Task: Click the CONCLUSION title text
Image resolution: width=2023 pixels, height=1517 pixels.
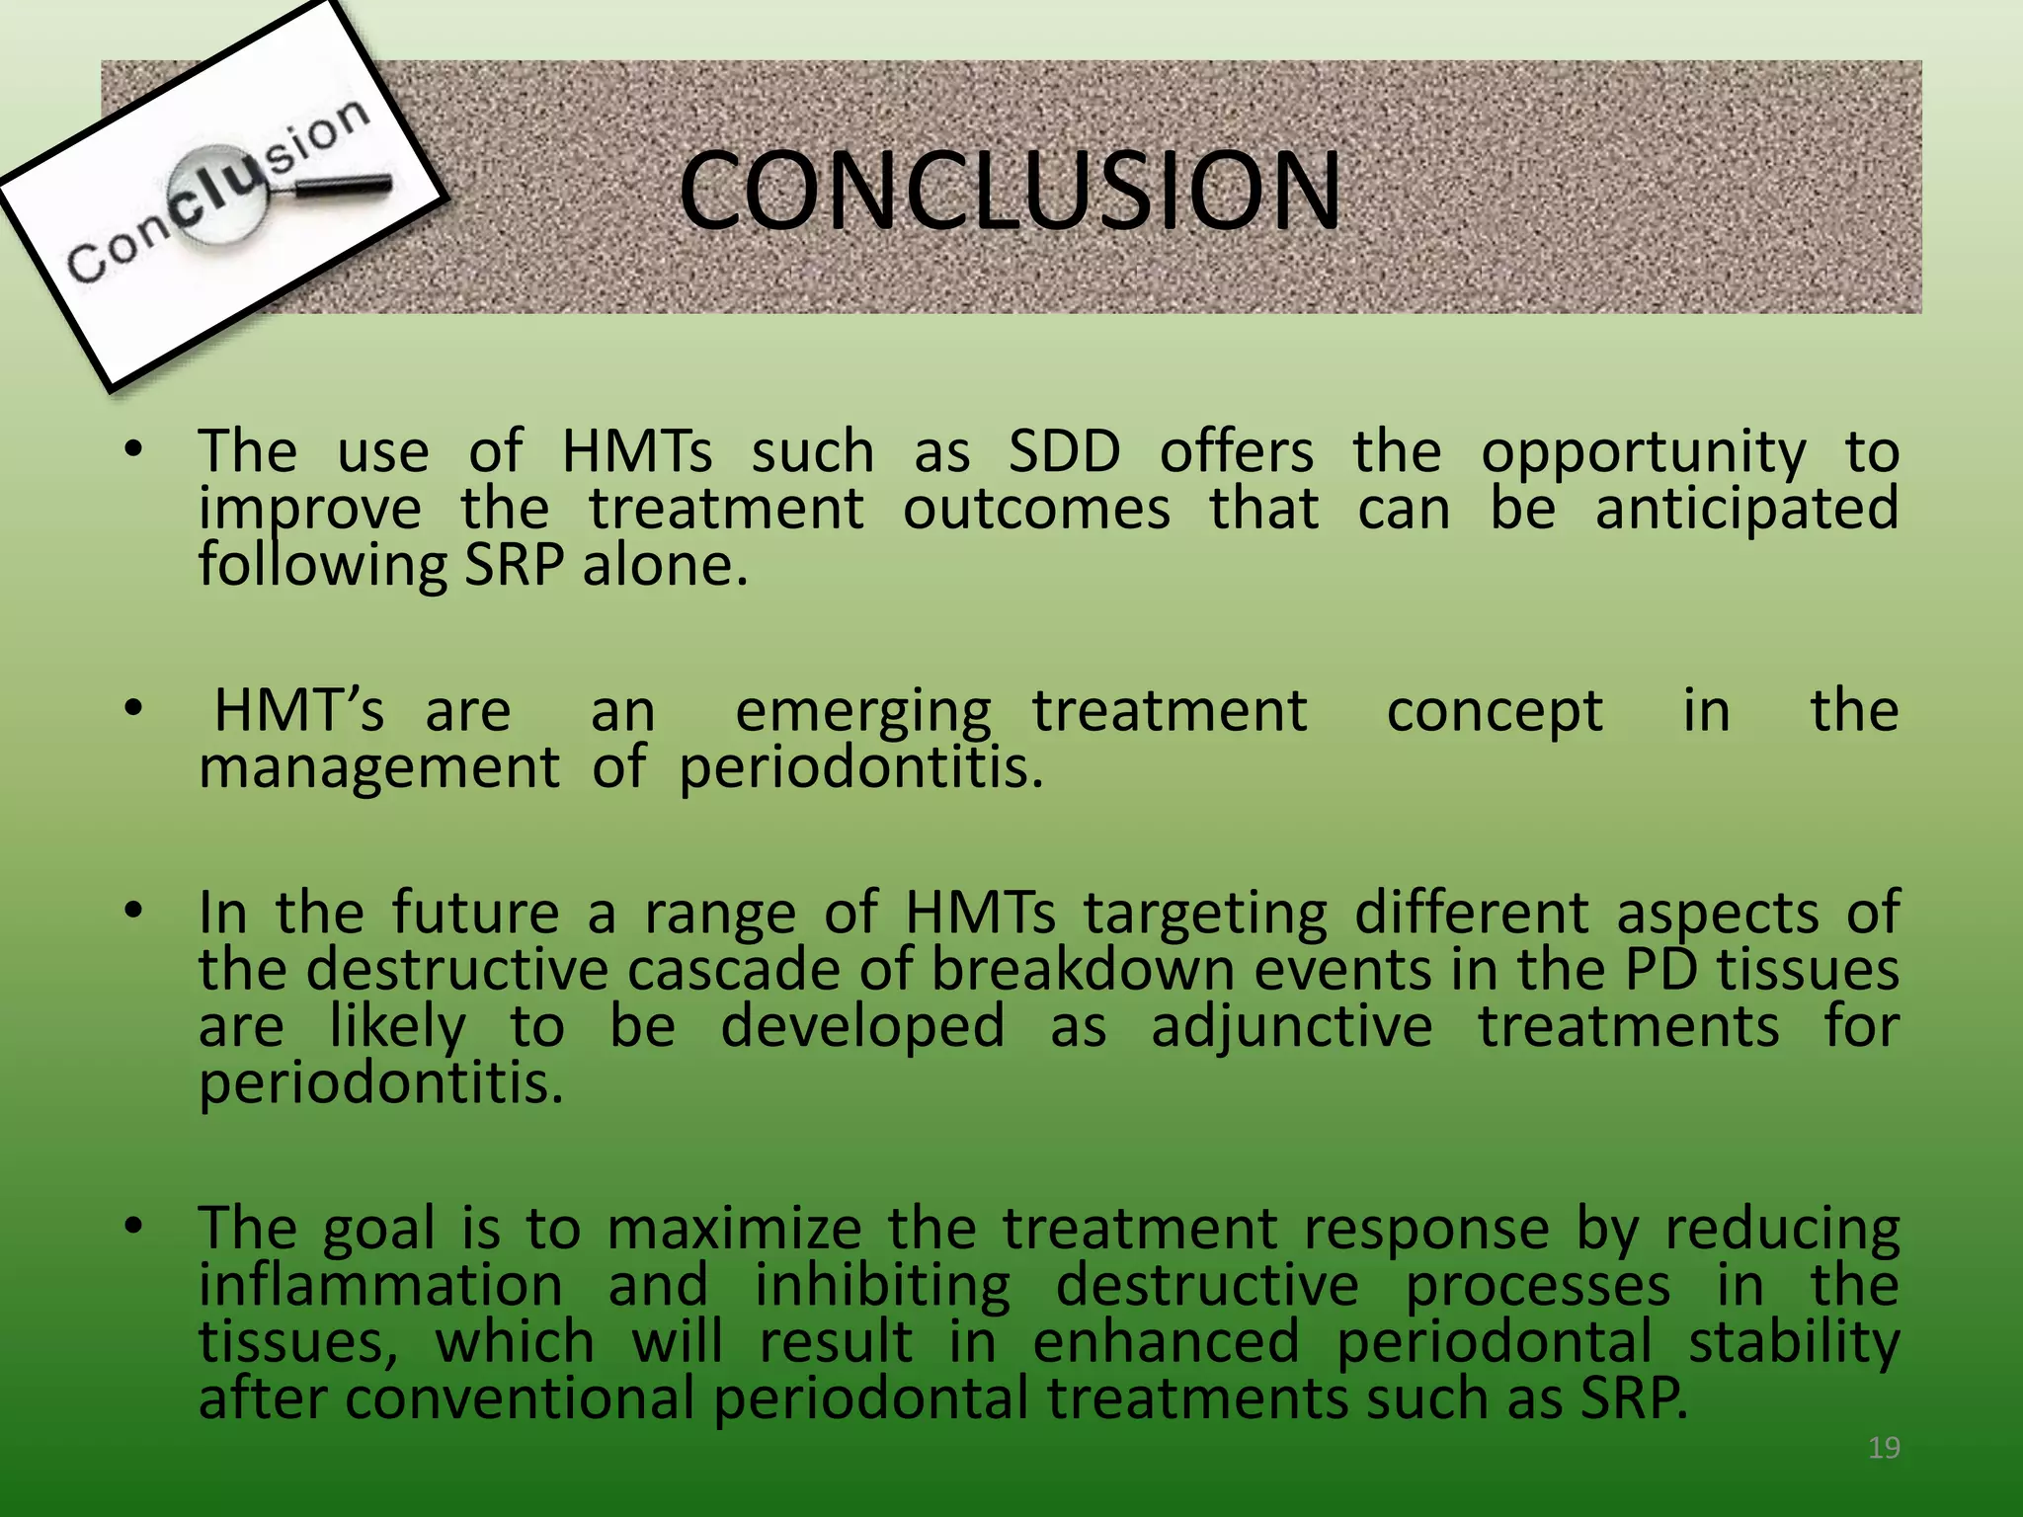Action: tap(1010, 190)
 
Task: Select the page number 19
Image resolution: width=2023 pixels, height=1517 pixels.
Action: tap(1884, 1448)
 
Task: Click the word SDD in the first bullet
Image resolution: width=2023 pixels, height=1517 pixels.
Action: tap(1064, 452)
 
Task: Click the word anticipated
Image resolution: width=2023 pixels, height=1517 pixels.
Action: tap(1746, 510)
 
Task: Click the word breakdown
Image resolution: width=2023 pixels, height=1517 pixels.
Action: tap(1083, 970)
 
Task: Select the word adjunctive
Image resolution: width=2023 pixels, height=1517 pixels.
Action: tap(1291, 1027)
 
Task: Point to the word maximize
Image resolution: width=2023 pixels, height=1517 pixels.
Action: tap(734, 1230)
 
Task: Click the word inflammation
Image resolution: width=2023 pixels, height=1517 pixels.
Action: tap(380, 1286)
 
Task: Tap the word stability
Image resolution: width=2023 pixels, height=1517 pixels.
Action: tap(1793, 1343)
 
